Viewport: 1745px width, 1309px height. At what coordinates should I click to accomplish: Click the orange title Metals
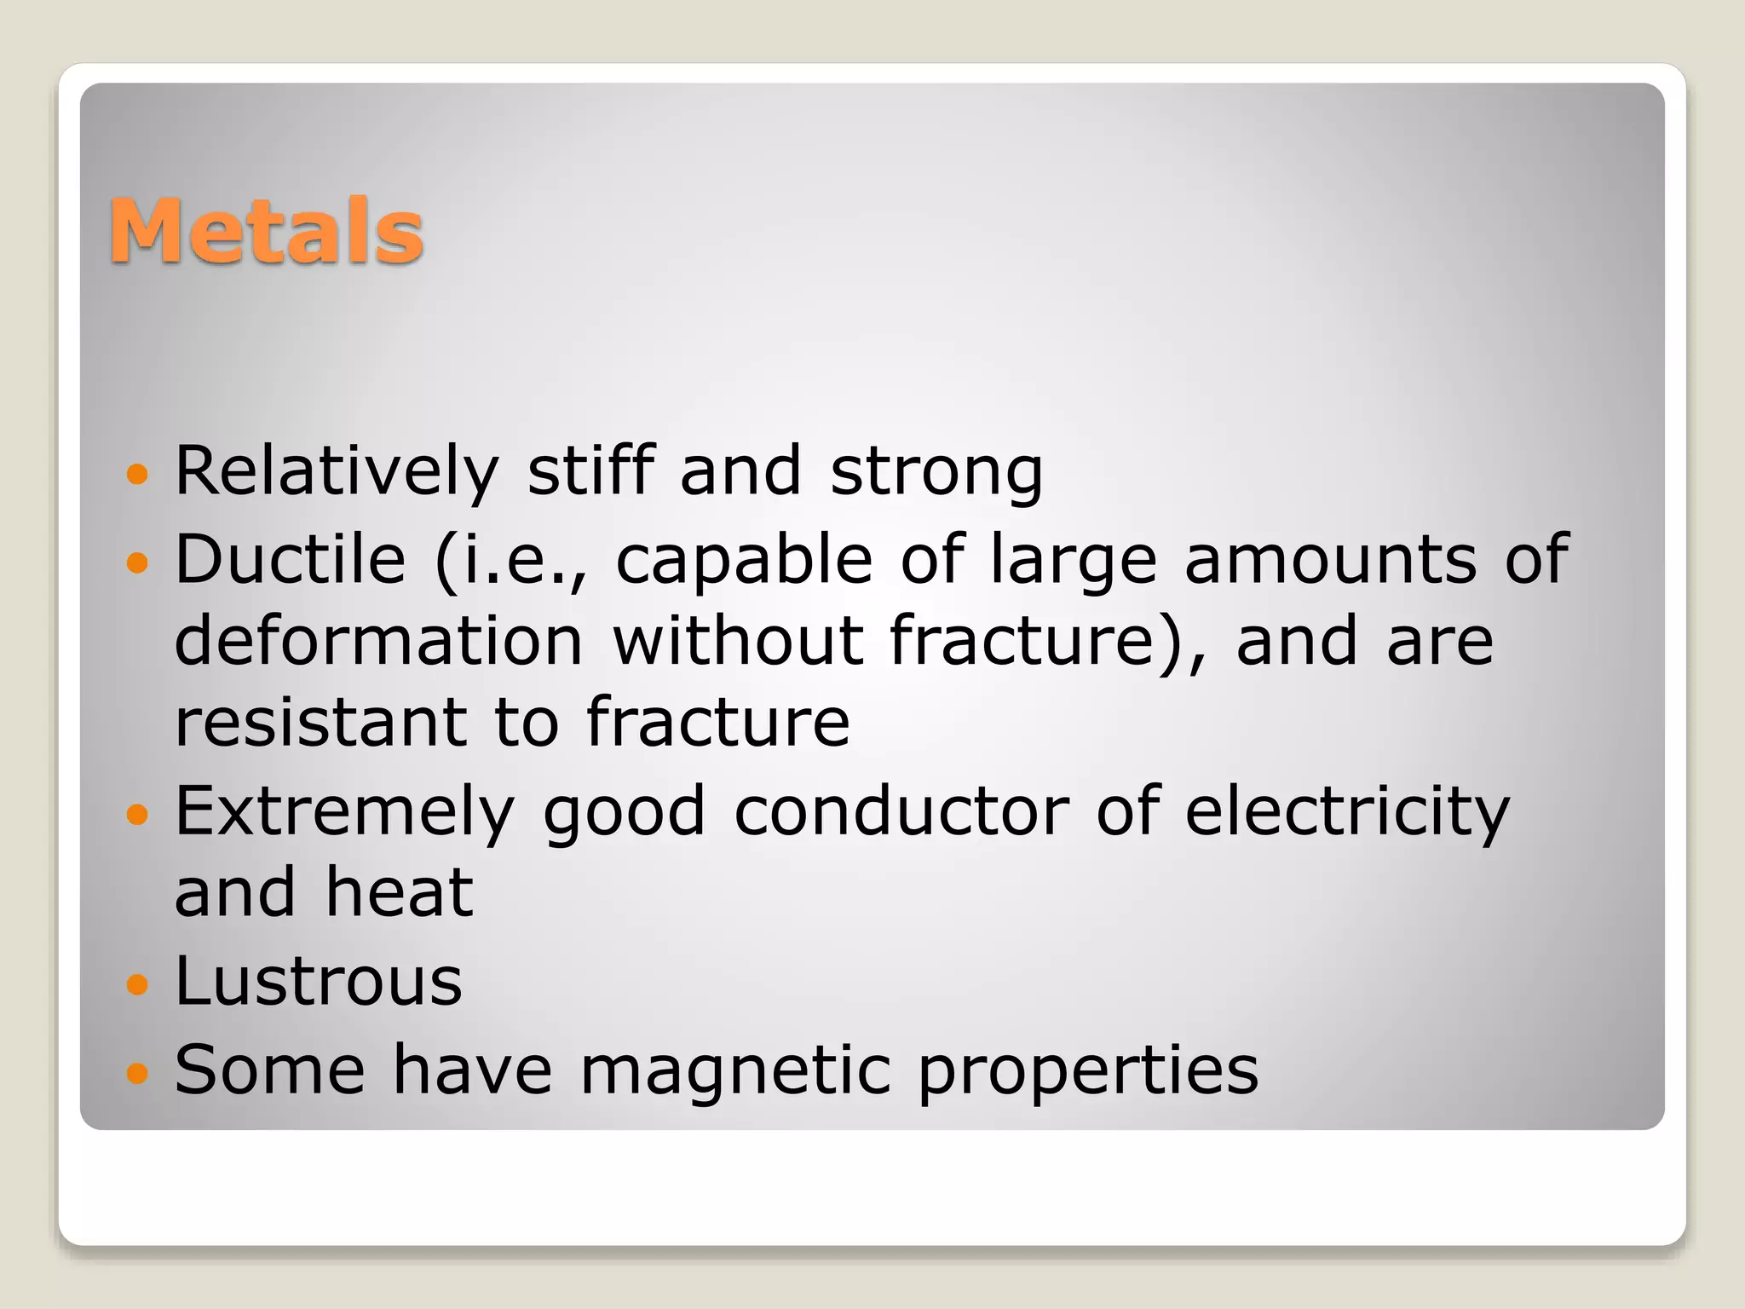pyautogui.click(x=266, y=230)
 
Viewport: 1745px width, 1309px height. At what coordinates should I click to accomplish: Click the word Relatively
pyautogui.click(x=337, y=470)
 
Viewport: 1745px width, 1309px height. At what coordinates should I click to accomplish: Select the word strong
pyautogui.click(x=936, y=472)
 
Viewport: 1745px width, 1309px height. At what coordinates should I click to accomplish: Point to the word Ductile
pyautogui.click(x=291, y=559)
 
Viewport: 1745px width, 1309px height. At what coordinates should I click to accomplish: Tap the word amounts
pyautogui.click(x=1330, y=559)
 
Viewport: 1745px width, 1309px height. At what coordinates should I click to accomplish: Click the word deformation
pyautogui.click(x=378, y=641)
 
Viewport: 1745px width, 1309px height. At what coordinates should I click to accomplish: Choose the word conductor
pyautogui.click(x=901, y=811)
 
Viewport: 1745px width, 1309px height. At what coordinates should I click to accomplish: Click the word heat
pyautogui.click(x=400, y=892)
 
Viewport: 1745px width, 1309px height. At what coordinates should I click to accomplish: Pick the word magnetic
pyautogui.click(x=735, y=1071)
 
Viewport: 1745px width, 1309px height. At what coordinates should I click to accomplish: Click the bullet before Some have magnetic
pyautogui.click(x=136, y=1072)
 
